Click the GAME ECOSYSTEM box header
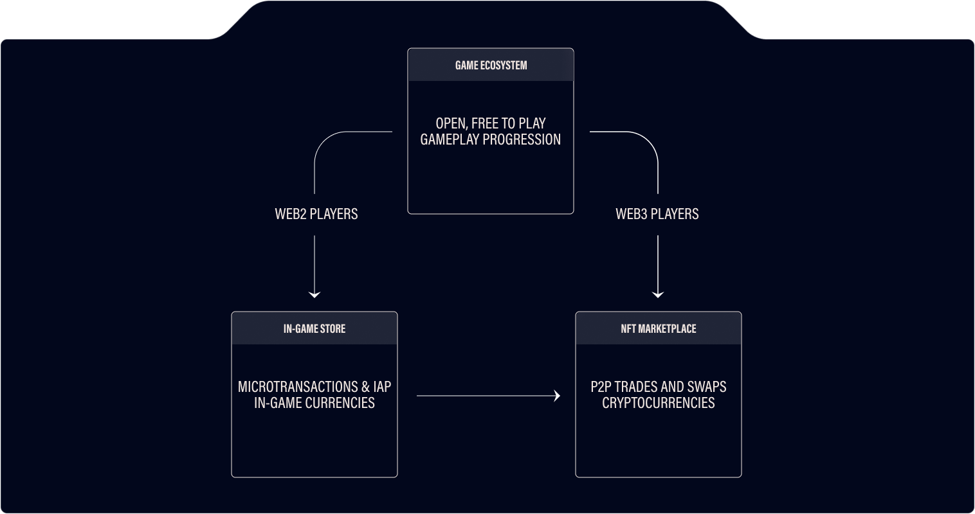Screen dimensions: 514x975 click(x=491, y=65)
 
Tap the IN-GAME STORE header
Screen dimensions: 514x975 click(x=314, y=328)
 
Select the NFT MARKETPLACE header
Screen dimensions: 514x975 click(x=658, y=328)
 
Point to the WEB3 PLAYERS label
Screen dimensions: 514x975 click(x=657, y=214)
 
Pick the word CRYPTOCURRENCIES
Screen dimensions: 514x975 click(x=659, y=403)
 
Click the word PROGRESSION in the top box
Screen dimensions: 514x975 click(x=522, y=139)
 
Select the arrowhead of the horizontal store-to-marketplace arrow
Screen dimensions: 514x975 click(x=557, y=396)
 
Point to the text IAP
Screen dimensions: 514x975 click(x=381, y=387)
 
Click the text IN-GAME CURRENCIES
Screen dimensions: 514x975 click(x=314, y=403)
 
